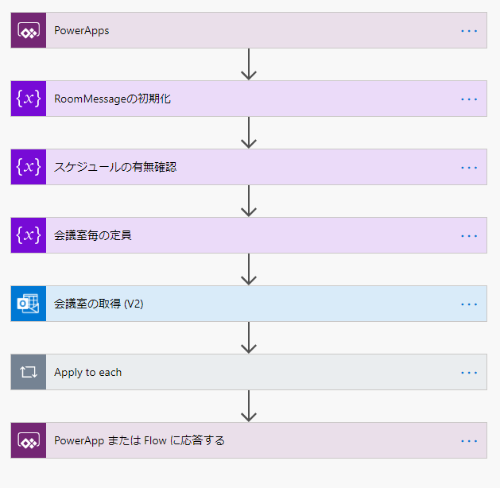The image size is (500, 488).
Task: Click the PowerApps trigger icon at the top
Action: pos(29,31)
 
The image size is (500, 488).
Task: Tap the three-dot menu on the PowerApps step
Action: pos(469,31)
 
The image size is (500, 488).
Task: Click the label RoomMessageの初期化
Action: pos(112,99)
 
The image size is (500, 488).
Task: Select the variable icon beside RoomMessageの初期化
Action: pos(29,99)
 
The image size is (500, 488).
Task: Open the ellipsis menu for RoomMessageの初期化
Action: pos(469,99)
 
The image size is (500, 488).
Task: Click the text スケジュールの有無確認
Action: pos(115,168)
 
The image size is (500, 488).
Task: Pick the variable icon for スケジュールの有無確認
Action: pos(29,168)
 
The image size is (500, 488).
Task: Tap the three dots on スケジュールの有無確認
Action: pos(469,168)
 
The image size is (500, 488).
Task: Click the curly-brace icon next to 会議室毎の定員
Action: pos(29,236)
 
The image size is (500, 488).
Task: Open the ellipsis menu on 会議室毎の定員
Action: pos(469,236)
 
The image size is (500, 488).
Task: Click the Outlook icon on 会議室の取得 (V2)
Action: pos(29,304)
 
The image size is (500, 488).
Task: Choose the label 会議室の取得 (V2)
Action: pos(99,304)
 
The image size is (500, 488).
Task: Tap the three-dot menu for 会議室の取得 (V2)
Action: pos(469,304)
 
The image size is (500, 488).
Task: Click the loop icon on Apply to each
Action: pos(29,373)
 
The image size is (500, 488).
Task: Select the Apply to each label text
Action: pos(87,373)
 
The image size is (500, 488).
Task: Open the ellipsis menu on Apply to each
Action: pos(469,373)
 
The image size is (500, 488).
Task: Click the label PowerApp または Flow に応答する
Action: pos(139,441)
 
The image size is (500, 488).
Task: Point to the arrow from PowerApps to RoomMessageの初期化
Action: pos(249,65)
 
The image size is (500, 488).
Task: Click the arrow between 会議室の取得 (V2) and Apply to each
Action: pos(249,339)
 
